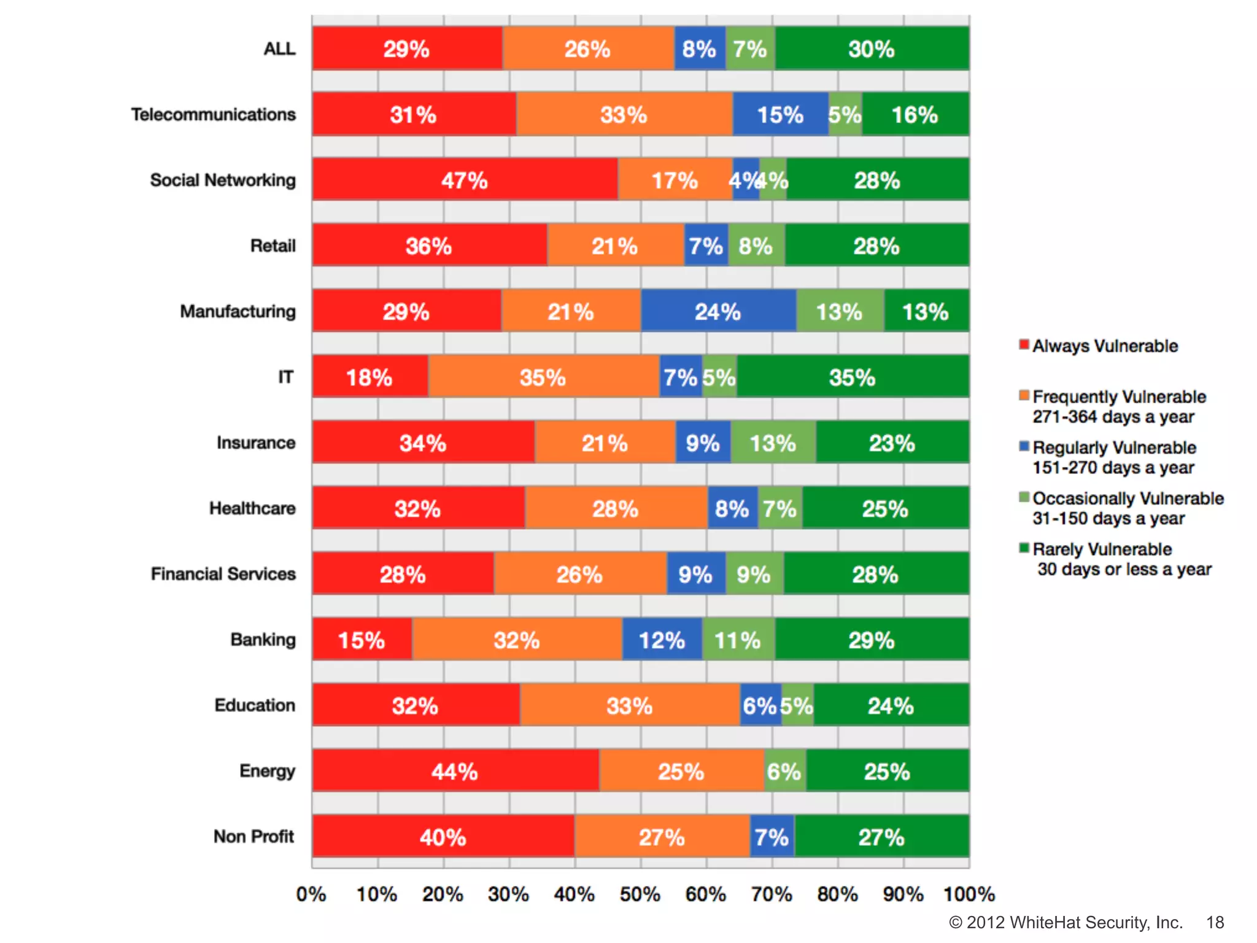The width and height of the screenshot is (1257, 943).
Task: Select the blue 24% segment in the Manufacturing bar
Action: pos(718,311)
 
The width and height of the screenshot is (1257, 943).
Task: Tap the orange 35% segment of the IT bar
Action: pos(543,377)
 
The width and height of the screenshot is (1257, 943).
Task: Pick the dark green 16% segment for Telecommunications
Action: pos(915,114)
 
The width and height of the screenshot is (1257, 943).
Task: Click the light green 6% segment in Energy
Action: pos(784,771)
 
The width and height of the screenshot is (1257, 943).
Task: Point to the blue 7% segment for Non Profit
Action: pos(772,837)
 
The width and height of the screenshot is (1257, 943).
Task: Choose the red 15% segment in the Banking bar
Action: pos(362,640)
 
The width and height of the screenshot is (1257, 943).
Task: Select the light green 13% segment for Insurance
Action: pos(773,443)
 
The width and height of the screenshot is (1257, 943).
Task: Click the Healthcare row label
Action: pos(252,508)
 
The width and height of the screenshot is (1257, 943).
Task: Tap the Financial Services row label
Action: pos(223,574)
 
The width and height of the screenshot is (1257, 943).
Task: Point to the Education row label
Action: pos(255,705)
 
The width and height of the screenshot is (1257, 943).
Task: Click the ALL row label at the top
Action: pos(279,49)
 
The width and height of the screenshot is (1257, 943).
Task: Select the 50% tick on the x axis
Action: pos(640,894)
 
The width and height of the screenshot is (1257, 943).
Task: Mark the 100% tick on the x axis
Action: pos(969,894)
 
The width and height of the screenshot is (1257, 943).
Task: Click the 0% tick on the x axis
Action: pos(311,894)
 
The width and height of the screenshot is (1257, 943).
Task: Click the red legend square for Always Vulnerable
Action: pos(1024,344)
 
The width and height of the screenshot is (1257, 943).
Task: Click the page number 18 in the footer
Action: pos(1215,922)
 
